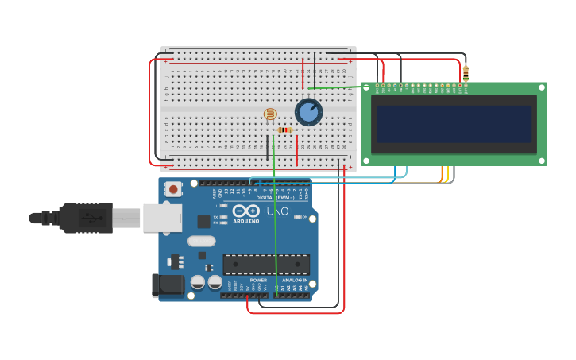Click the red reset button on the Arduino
(172, 189)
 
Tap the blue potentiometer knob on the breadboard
(308, 112)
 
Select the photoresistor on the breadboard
(270, 114)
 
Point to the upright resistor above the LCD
(466, 73)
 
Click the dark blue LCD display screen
(454, 124)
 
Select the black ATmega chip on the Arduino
(266, 265)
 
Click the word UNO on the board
(277, 211)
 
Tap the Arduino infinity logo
(245, 211)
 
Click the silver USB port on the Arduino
(162, 218)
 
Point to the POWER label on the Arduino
(258, 280)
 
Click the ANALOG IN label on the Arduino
(294, 280)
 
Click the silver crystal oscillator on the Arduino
(201, 241)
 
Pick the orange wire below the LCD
(443, 172)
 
